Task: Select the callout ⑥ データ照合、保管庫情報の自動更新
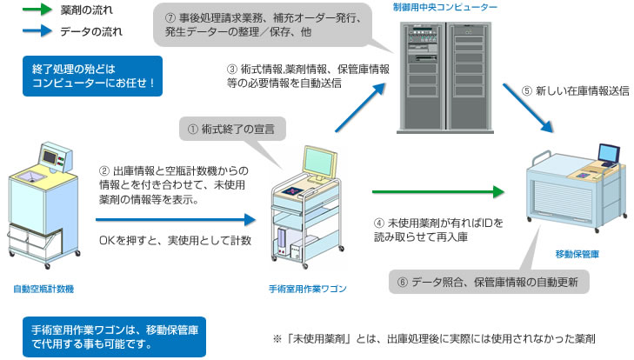point(489,282)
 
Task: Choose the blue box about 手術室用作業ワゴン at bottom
point(114,336)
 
